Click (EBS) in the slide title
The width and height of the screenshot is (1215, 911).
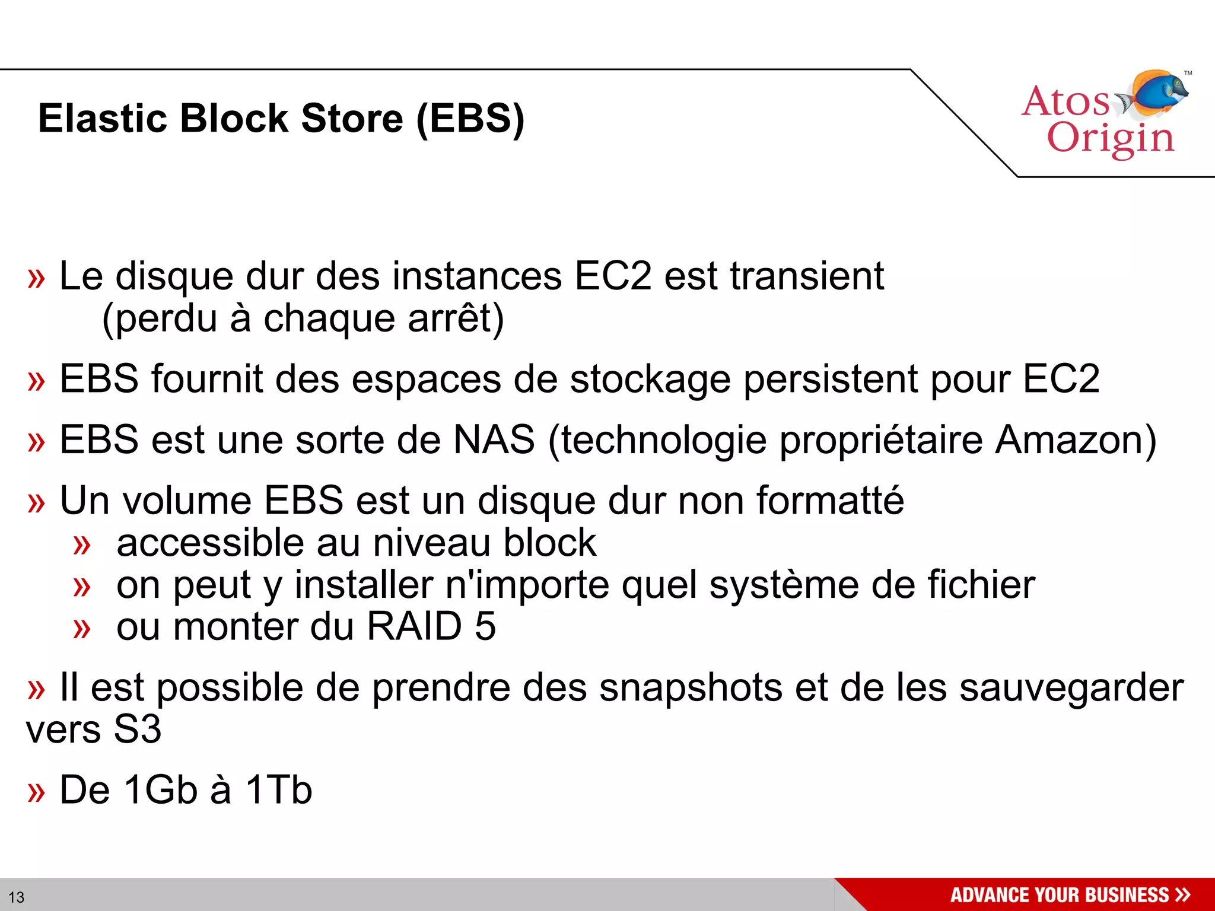pos(470,119)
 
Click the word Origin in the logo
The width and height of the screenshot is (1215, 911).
pos(1110,139)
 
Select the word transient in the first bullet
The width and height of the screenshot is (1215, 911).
pos(806,276)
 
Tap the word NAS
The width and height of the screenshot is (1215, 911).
pos(494,440)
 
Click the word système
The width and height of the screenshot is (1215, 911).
pos(784,585)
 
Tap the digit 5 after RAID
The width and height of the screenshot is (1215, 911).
pos(485,627)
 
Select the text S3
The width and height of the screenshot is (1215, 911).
pos(137,730)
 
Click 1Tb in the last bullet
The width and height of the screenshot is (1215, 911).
pos(278,790)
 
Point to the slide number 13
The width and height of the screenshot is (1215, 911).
pos(17,897)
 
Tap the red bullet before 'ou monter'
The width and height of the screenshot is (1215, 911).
pos(82,629)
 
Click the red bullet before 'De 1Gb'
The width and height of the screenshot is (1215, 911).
pos(36,792)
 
